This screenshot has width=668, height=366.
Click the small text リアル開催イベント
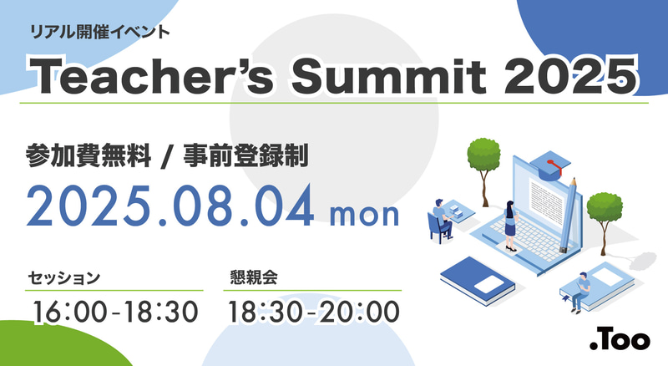click(x=100, y=33)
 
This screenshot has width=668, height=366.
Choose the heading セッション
click(x=64, y=275)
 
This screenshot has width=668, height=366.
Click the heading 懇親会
click(x=252, y=275)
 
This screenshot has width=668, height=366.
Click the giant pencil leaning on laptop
click(x=569, y=213)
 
